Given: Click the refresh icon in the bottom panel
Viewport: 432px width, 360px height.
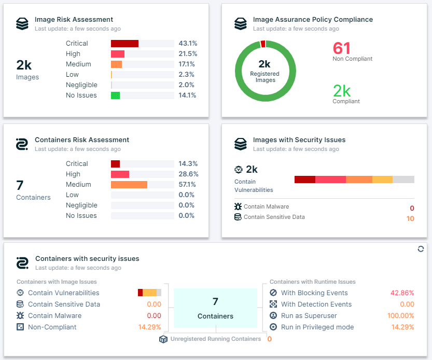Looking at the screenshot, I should pos(421,249).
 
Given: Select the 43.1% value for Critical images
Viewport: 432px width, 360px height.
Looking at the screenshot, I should pos(187,44).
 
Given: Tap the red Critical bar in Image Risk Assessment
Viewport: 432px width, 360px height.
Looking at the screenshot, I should pos(124,44).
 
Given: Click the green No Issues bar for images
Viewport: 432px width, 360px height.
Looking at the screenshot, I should pos(115,95).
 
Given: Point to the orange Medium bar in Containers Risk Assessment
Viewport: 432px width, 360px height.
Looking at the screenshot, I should pos(129,185).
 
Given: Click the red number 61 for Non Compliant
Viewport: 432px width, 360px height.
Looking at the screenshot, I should pos(342,48).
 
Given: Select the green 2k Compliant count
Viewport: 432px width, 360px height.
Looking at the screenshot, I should pos(342,91).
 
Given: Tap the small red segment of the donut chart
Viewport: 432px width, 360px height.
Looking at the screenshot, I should pos(263,44).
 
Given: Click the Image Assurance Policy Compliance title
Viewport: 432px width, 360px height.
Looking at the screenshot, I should pos(313,20).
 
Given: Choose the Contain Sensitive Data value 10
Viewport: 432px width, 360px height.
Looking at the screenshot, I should pos(410,219).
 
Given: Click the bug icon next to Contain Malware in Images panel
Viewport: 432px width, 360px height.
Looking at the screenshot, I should pos(238,206).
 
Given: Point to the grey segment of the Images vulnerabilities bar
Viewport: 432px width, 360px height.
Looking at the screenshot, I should pos(403,179).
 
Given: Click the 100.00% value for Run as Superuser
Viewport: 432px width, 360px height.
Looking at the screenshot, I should pos(400,316).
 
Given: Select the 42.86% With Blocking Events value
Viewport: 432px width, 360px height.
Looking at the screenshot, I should pos(402,293).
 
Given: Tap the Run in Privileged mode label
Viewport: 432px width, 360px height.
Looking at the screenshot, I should pos(317,327).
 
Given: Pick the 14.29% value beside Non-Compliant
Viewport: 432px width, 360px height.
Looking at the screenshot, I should pos(149,327).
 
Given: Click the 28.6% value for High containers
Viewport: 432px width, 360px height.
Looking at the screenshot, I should pos(188,174).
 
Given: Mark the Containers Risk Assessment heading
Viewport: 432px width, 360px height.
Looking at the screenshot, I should pos(82,140).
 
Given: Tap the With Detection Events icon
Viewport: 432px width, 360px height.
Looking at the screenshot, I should pos(273,304).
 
